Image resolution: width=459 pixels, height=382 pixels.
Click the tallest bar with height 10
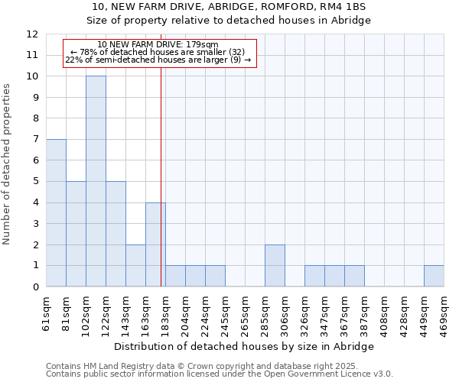coord(96,181)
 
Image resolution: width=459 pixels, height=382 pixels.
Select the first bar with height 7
coord(56,212)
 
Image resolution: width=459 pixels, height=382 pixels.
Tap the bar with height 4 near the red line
coord(155,244)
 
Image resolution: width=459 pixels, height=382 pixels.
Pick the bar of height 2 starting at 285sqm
coord(275,266)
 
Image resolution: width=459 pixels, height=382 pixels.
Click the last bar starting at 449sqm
coord(434,276)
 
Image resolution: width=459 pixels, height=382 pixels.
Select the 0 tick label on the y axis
coord(35,287)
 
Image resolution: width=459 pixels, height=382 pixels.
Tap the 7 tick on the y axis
coord(35,140)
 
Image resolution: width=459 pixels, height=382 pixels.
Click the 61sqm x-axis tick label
coord(47,313)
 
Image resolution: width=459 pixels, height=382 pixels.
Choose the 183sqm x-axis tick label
coord(166,313)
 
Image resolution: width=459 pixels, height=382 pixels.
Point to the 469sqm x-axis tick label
coord(444,313)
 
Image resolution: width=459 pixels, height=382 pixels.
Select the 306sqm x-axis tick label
coord(285,313)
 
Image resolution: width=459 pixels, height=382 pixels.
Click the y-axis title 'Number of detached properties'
coord(8,164)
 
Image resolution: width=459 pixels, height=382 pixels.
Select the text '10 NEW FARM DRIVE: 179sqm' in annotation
coord(158,45)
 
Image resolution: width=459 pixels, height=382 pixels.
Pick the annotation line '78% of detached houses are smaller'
coord(158,52)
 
